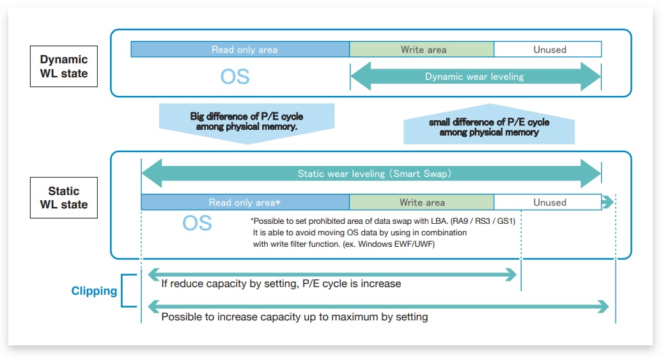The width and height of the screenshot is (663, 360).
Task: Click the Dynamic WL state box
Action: click(64, 67)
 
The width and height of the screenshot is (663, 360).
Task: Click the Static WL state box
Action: click(64, 198)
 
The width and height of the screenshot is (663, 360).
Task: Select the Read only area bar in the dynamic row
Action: click(240, 49)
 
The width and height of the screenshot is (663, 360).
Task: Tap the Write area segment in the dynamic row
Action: click(422, 49)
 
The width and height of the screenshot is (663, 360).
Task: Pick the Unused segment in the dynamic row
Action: click(548, 49)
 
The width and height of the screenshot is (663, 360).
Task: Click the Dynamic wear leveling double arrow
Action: click(475, 77)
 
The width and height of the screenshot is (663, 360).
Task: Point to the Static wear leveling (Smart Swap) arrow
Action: click(371, 173)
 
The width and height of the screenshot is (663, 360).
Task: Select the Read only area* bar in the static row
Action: click(245, 203)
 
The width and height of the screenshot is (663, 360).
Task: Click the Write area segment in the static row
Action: click(422, 203)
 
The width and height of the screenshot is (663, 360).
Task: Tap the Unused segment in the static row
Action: click(548, 203)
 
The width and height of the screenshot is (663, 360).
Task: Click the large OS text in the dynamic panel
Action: click(235, 77)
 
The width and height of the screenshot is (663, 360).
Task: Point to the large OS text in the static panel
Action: click(198, 223)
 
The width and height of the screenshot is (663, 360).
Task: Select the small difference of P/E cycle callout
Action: click(489, 127)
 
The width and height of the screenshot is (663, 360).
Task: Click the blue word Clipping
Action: click(94, 292)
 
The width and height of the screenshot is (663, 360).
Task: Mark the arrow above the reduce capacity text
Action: click(332, 274)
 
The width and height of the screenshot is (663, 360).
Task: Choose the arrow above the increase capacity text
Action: click(378, 307)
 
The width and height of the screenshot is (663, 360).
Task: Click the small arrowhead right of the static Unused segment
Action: click(607, 203)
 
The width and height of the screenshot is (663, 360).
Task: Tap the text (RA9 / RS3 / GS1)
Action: click(488, 221)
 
